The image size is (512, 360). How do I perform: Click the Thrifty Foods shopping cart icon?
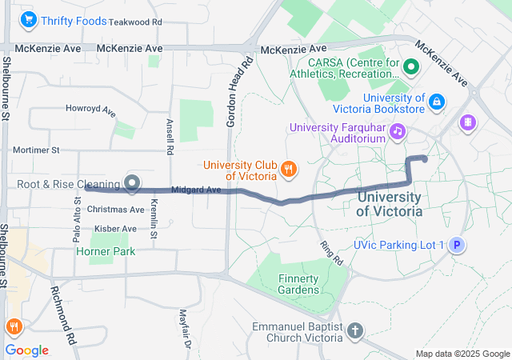30,20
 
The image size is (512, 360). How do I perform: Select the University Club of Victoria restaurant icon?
289,169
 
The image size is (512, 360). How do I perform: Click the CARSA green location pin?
413,67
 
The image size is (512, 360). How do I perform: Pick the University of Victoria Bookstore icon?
437,102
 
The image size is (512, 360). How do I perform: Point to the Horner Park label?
106,251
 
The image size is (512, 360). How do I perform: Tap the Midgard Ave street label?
196,190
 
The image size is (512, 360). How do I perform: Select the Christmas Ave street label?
115,210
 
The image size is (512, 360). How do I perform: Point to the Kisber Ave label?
115,229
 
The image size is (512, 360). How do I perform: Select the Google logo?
27,350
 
